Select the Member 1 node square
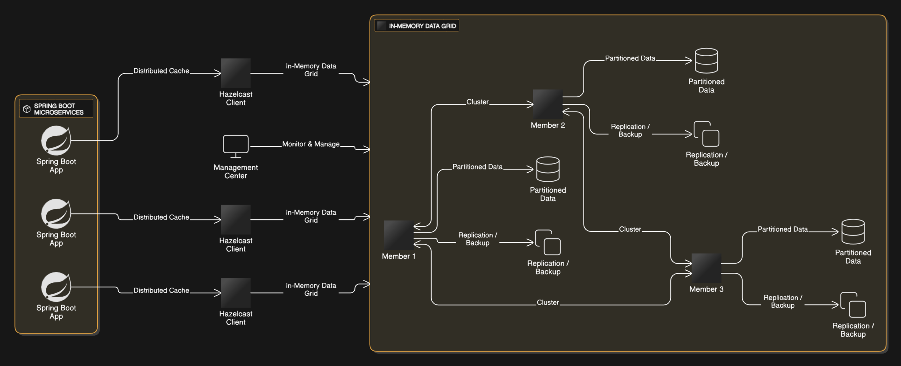point(398,235)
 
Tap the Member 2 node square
point(548,104)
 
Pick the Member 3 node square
point(706,268)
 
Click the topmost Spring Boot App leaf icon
point(56,141)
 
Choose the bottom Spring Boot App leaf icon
point(56,287)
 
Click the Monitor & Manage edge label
point(311,144)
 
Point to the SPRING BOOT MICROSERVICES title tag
point(56,109)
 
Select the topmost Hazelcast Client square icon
point(235,73)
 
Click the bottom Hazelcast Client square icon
point(235,293)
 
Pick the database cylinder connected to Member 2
point(706,61)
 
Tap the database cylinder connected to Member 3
point(853,232)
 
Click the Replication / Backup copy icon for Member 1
point(548,242)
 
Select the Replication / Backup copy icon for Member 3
point(853,305)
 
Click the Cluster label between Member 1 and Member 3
point(548,302)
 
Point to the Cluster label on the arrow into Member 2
point(477,102)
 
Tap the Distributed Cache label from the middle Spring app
point(161,217)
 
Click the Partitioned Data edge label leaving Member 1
point(477,167)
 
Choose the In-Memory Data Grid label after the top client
point(311,70)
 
